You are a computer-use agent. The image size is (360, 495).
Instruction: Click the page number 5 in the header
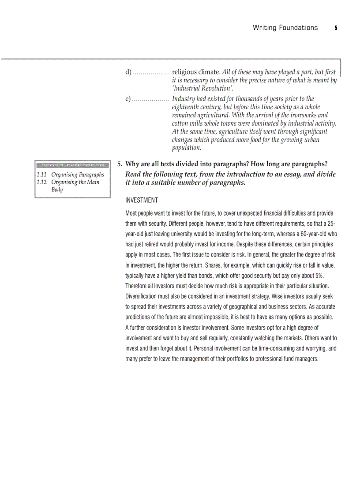tap(336, 28)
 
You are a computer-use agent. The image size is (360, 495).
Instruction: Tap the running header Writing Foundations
tap(285, 28)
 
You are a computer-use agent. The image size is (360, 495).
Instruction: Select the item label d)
tap(128, 72)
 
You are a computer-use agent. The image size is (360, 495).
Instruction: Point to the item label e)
tap(128, 99)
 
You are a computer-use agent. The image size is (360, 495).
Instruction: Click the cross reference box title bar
tap(73, 165)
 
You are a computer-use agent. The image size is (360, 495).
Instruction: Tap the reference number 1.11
tap(41, 175)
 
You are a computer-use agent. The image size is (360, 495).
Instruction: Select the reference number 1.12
tap(41, 182)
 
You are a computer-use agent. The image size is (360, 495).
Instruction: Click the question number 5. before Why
tap(120, 164)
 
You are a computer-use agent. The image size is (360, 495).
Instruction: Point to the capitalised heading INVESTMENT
tap(142, 201)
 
